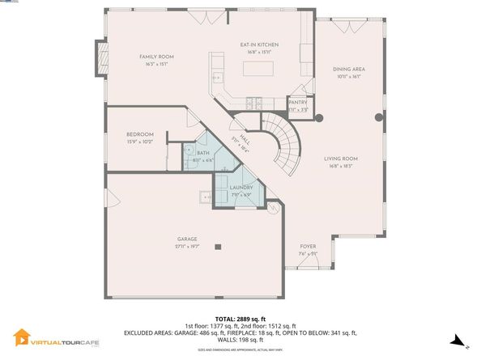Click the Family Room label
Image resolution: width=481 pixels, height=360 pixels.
(x=156, y=57)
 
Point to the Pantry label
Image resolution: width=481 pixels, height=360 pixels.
(x=298, y=103)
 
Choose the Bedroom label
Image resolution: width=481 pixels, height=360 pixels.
(x=140, y=134)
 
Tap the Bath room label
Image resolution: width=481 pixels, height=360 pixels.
(x=203, y=153)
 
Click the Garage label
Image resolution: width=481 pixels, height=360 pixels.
(x=188, y=239)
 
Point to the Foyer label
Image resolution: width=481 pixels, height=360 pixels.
(x=308, y=246)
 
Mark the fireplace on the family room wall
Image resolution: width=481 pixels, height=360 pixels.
(x=101, y=57)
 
